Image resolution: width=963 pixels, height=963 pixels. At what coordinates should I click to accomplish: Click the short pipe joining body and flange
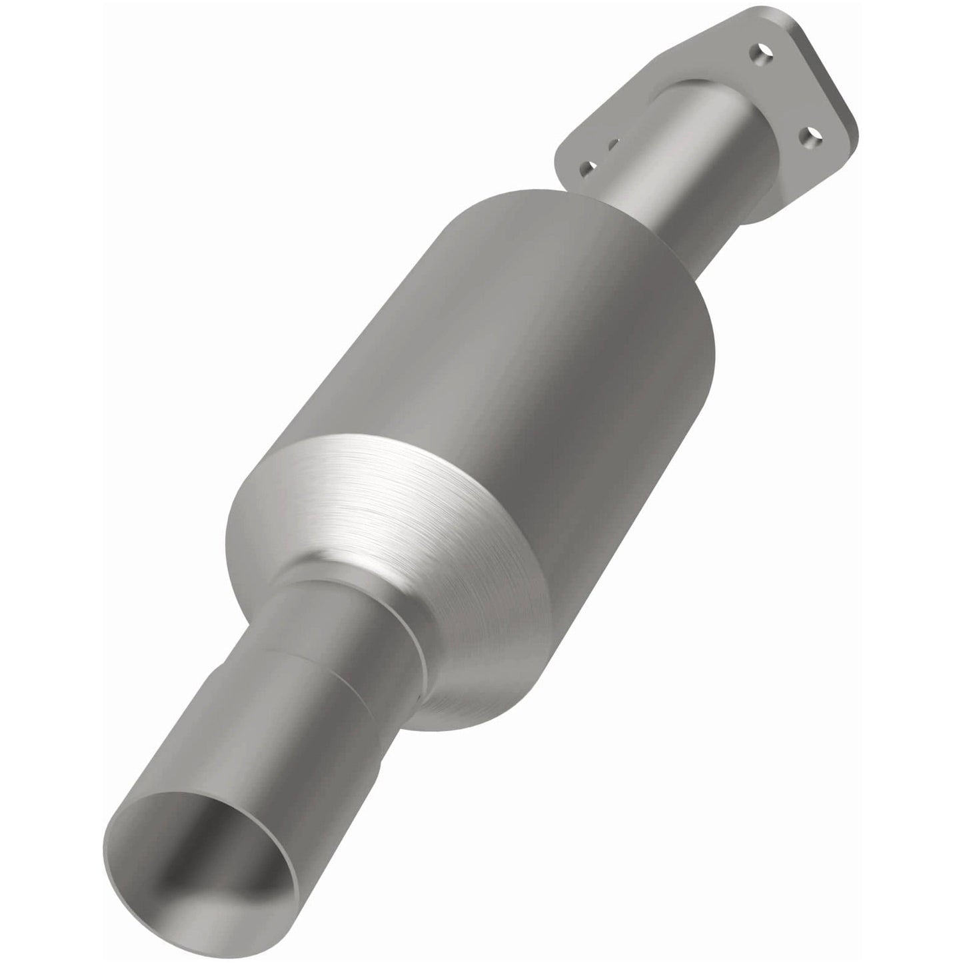tap(680, 167)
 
